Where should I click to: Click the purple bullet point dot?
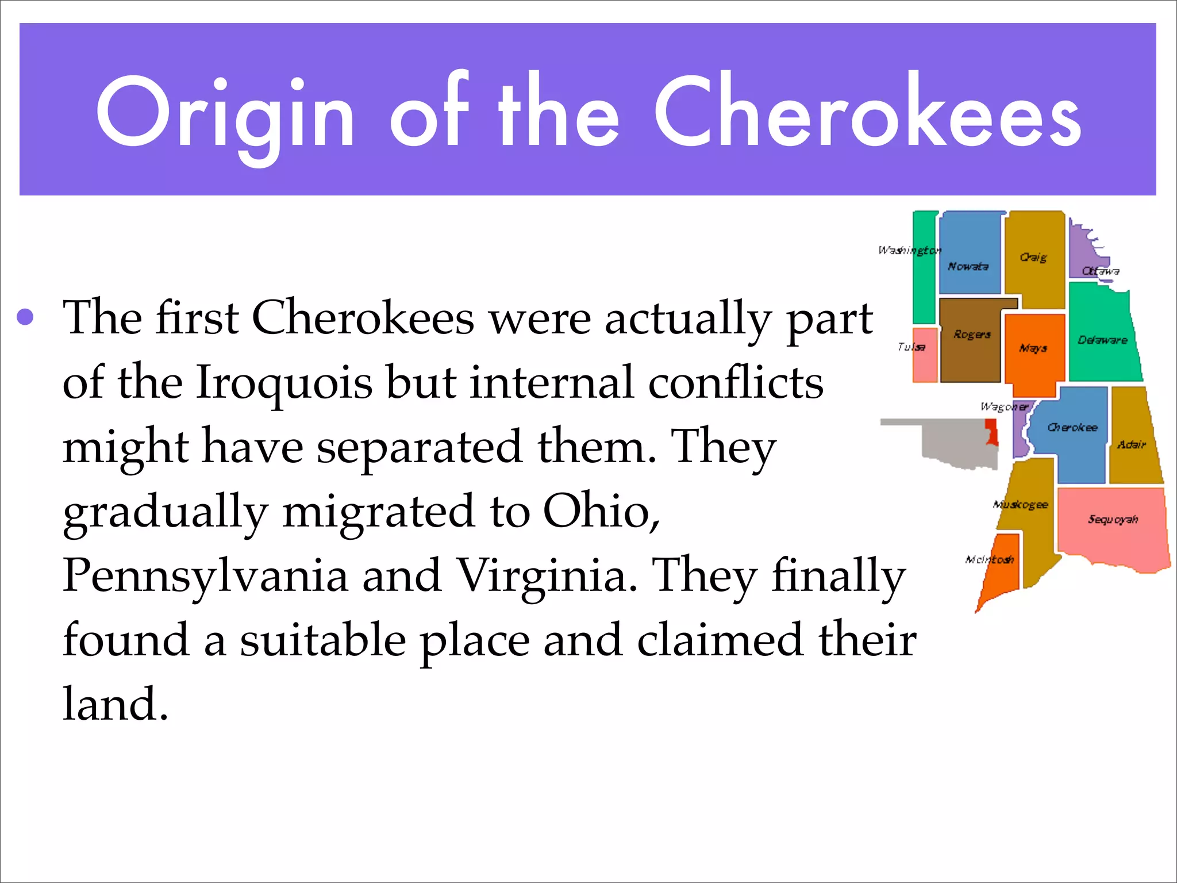click(x=25, y=317)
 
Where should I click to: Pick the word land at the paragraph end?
click(x=115, y=704)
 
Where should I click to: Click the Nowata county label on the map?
click(x=968, y=266)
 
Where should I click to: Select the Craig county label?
click(x=1033, y=257)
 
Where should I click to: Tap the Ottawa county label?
click(x=1100, y=271)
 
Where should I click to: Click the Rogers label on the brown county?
click(x=972, y=334)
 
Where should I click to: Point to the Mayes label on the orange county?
click(x=1033, y=348)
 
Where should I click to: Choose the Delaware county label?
click(x=1102, y=340)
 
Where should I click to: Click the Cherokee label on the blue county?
click(x=1072, y=427)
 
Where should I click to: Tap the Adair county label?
click(x=1131, y=444)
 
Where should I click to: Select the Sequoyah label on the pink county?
click(x=1113, y=519)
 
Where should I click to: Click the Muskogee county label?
click(x=1021, y=504)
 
